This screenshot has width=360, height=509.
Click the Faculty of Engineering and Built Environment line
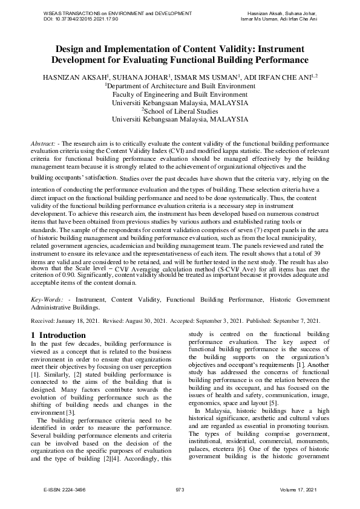180,94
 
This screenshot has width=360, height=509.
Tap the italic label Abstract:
44,143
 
